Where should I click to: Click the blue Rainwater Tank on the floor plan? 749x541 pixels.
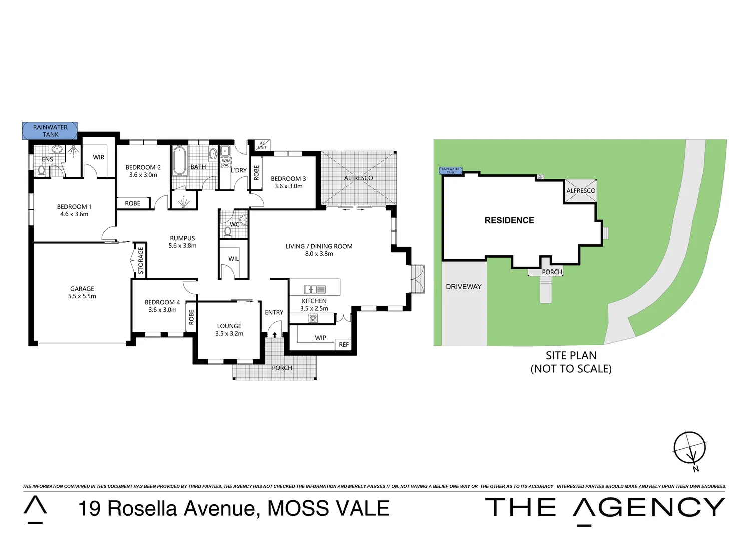[50, 131]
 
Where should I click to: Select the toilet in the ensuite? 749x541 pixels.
[42, 171]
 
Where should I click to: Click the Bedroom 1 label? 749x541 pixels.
[74, 206]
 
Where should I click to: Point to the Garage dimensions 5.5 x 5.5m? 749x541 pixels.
[82, 296]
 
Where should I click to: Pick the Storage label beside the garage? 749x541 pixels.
[141, 260]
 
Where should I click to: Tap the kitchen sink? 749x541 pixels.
[314, 289]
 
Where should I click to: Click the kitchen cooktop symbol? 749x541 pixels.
[313, 318]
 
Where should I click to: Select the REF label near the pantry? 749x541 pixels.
[344, 345]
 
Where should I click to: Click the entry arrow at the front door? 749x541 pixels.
[274, 334]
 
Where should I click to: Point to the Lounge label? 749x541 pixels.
[229, 326]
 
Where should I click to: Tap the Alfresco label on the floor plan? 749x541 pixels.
[358, 178]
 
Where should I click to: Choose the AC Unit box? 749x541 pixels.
[262, 145]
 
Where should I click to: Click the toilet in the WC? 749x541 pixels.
[228, 232]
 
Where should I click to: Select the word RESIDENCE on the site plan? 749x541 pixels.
[509, 220]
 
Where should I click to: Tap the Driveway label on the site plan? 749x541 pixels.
[464, 287]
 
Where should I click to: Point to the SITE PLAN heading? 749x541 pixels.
[571, 356]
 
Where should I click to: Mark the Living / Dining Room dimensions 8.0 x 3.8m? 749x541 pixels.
[319, 254]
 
